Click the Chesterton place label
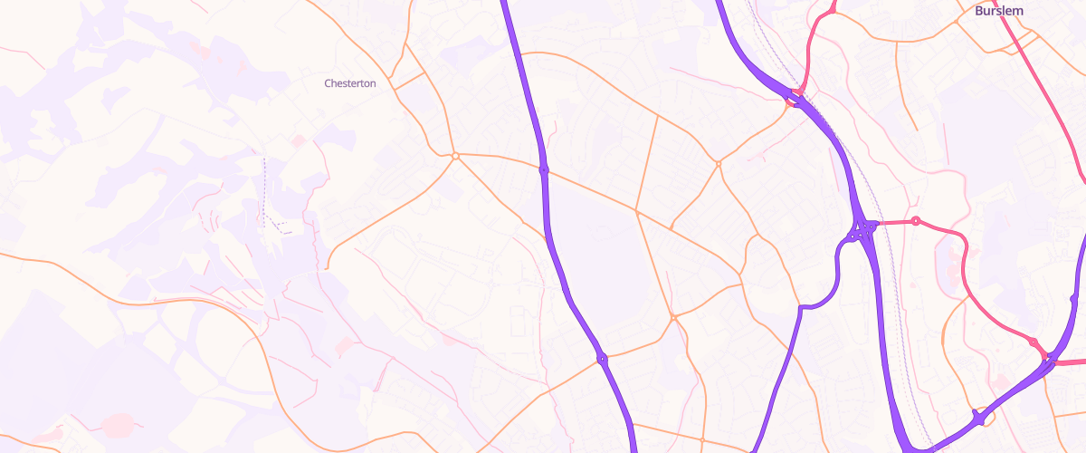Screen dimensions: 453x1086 coord(350,83)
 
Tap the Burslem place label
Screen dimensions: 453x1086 coord(998,11)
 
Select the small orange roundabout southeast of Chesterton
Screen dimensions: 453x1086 coord(456,156)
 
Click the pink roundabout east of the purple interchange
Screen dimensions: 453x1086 coord(916,221)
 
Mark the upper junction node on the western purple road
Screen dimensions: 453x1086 coord(544,169)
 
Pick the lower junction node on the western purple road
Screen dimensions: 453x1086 coord(602,360)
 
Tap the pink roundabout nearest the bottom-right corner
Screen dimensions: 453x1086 coord(1033,342)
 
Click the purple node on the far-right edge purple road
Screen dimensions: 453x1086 coord(1074,298)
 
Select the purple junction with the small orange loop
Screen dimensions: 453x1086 coord(978,419)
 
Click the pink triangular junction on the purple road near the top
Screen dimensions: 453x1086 coord(795,96)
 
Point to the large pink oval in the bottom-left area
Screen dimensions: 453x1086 coord(118,424)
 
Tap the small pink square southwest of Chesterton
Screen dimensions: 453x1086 coord(299,140)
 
